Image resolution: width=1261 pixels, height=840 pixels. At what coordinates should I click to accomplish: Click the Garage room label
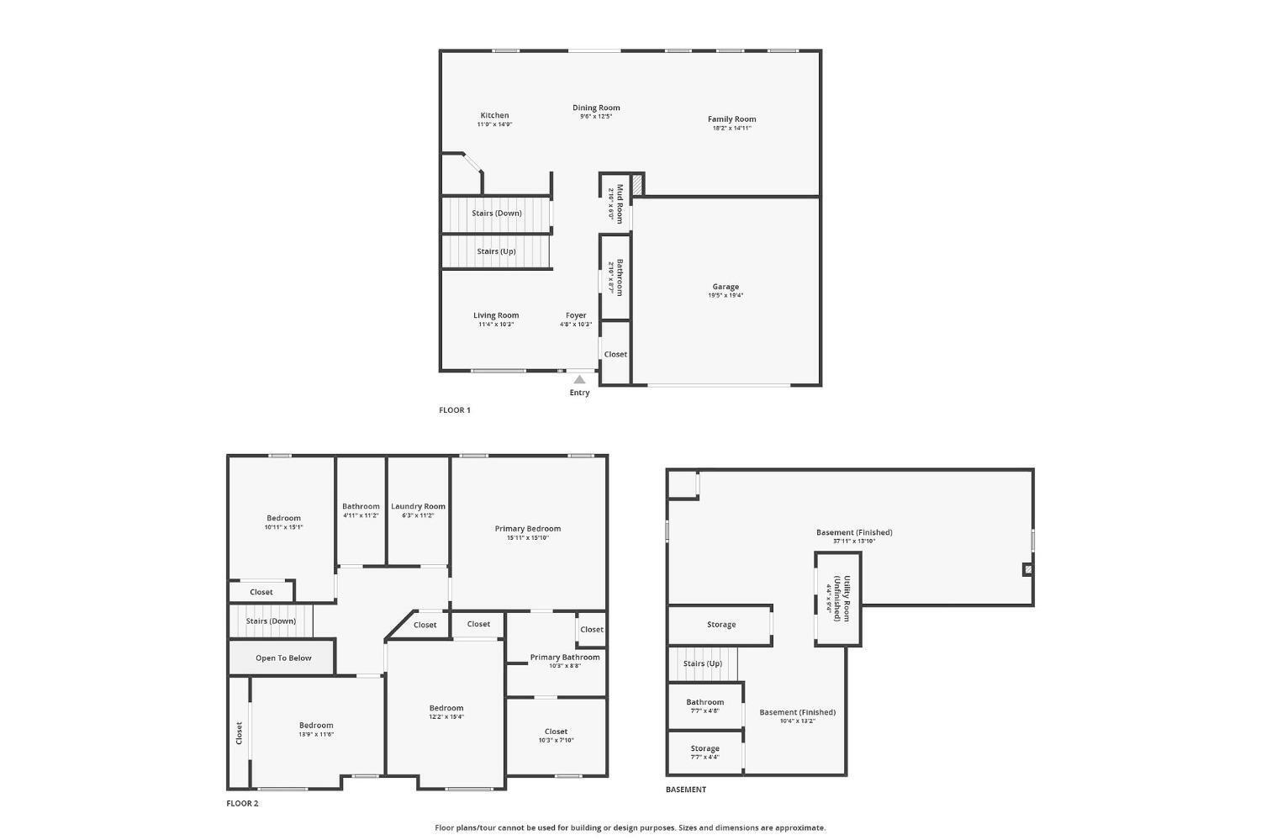click(x=725, y=287)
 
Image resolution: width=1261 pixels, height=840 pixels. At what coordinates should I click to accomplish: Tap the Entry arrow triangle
click(x=579, y=379)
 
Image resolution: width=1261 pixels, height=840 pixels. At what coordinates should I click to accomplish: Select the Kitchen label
click(x=494, y=115)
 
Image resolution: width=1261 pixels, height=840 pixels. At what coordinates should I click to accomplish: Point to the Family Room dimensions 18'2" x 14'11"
click(x=731, y=128)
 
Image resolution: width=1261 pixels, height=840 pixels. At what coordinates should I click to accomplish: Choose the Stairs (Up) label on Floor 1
click(x=496, y=251)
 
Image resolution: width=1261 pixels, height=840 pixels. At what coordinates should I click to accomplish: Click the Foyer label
click(x=576, y=315)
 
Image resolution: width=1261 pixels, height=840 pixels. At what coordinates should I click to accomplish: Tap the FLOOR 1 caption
click(x=455, y=410)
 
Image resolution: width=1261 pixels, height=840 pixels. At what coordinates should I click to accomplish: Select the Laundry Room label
click(x=418, y=506)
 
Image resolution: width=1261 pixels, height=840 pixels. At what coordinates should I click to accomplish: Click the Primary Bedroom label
click(x=528, y=529)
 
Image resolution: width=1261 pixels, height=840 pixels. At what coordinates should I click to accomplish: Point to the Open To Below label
click(x=283, y=658)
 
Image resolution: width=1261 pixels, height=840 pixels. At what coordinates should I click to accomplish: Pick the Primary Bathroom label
click(x=565, y=657)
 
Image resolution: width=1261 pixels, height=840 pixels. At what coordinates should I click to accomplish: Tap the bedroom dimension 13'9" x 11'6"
click(x=316, y=734)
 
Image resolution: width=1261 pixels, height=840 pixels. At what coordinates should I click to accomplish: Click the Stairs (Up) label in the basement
click(x=703, y=663)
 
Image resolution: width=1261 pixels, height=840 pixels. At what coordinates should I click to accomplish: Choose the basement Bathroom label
click(x=704, y=702)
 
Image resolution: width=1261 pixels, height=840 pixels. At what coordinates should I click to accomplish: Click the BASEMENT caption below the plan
click(x=686, y=790)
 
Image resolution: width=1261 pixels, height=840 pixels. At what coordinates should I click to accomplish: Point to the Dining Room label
click(x=596, y=108)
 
